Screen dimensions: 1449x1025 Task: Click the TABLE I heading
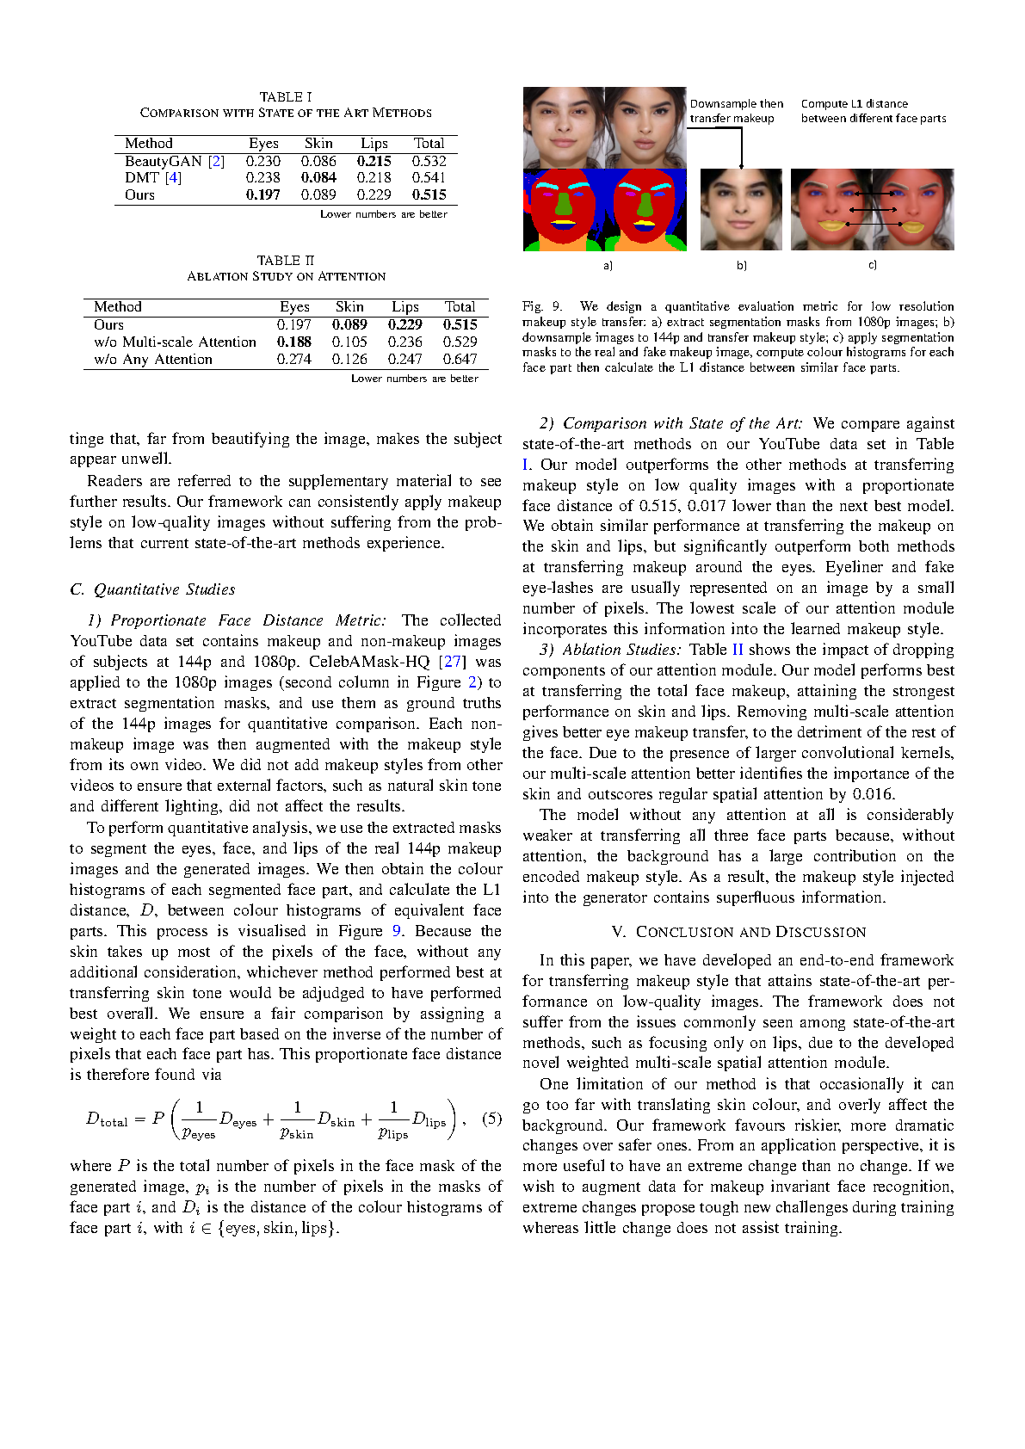coord(286,96)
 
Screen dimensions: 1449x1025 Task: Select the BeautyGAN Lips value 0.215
coord(374,161)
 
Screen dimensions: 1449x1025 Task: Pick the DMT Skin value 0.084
coord(318,177)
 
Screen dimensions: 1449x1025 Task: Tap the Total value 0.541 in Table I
coord(429,177)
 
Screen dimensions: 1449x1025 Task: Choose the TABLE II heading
coord(286,260)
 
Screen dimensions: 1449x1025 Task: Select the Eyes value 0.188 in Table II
coord(294,342)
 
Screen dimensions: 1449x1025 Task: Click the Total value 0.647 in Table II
coord(460,359)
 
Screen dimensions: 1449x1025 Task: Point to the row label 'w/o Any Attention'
coord(153,359)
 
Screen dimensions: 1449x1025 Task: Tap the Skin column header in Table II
coord(349,306)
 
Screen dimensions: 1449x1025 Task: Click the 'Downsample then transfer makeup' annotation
coord(736,111)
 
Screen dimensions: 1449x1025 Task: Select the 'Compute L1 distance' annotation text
coord(854,104)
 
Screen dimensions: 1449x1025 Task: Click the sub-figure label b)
coord(741,265)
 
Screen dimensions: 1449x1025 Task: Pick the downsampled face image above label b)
coord(741,210)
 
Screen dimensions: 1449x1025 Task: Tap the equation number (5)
coord(491,1119)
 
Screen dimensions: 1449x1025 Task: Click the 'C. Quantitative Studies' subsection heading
coord(152,589)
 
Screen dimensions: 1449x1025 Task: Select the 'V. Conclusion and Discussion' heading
coord(738,932)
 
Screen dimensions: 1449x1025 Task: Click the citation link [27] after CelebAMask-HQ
coord(452,662)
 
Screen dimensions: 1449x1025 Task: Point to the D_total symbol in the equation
coord(107,1119)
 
